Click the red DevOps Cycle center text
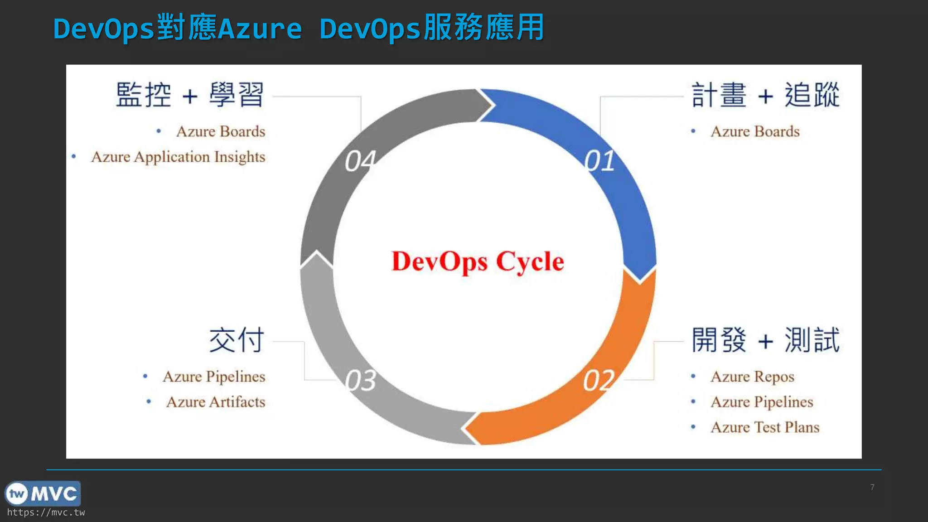pos(478,261)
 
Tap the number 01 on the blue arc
pos(599,161)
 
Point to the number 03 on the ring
pos(361,380)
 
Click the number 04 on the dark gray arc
pos(361,161)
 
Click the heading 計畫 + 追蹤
pos(765,96)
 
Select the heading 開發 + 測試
pos(765,340)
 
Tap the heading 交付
pos(237,340)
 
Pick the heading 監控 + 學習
pos(190,96)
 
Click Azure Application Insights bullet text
pos(178,157)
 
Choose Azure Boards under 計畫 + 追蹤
pos(755,131)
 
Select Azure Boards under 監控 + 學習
pos(221,131)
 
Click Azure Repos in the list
pos(752,377)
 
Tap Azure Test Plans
pos(765,427)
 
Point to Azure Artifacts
pos(216,402)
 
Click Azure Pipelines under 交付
pos(214,377)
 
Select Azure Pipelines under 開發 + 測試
pos(762,402)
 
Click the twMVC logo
pos(43,493)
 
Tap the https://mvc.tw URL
pos(46,512)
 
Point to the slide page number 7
pos(872,487)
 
